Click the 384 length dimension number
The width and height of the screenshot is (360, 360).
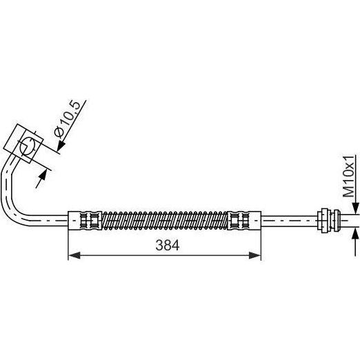tap(167, 246)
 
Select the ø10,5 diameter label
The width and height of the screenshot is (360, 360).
tap(67, 119)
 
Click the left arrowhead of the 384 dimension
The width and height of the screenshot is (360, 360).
tap(74, 255)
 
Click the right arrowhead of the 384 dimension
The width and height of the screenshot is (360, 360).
tap(255, 255)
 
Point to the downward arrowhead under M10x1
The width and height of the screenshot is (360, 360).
tap(355, 208)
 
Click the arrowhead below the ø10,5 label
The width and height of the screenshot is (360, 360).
tap(61, 146)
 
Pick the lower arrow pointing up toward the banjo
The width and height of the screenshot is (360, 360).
tap(41, 180)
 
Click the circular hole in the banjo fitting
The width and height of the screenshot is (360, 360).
tap(27, 146)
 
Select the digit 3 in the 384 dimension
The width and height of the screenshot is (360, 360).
tap(159, 246)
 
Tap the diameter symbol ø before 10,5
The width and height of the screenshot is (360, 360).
tap(59, 132)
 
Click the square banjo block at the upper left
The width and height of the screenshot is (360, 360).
tap(23, 143)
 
